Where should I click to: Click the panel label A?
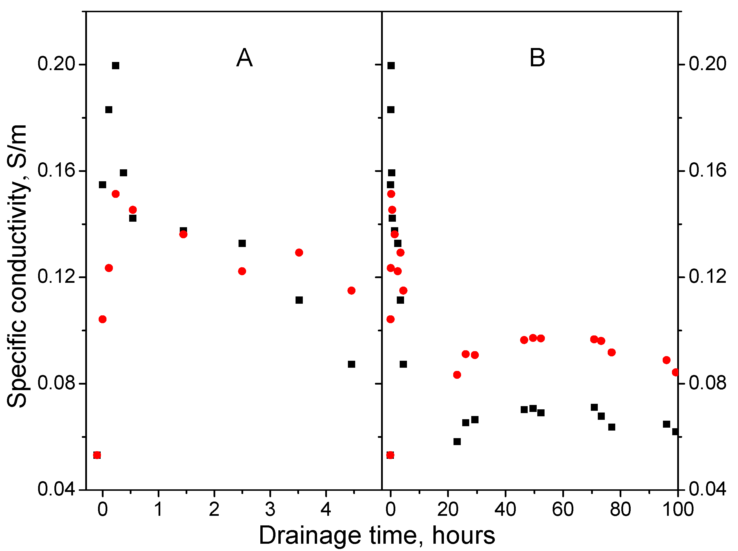(x=244, y=58)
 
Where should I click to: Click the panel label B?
(x=537, y=58)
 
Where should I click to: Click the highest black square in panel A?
(x=115, y=66)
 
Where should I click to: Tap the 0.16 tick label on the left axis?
(x=55, y=170)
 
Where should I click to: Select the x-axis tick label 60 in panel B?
(x=563, y=509)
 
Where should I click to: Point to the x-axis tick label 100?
(x=678, y=509)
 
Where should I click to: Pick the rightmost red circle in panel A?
(x=351, y=291)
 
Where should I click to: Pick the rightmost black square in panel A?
(x=351, y=364)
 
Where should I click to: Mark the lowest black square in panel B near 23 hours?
(x=457, y=442)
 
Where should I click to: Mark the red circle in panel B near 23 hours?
(x=457, y=375)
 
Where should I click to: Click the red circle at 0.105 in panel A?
(x=102, y=319)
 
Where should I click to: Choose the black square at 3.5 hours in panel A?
(x=299, y=300)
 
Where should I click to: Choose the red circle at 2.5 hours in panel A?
(x=242, y=271)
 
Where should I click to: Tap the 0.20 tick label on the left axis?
(x=55, y=64)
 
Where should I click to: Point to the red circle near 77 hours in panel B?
(x=611, y=352)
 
